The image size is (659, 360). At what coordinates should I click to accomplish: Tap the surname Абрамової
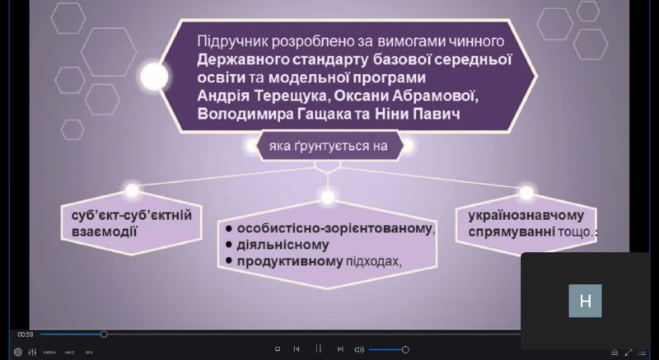coord(436,96)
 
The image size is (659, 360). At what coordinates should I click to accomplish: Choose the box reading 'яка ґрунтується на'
coord(328,146)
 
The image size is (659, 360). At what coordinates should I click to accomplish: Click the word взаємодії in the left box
coord(105,231)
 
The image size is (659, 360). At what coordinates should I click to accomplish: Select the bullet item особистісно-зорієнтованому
coord(334,228)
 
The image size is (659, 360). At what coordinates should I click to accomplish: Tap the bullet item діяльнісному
coord(283,245)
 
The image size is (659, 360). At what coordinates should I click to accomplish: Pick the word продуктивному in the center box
coord(290,261)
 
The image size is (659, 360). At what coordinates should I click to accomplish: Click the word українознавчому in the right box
coord(526,215)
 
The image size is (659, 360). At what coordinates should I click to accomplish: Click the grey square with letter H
coord(585,301)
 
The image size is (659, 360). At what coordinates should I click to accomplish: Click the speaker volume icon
coord(359,349)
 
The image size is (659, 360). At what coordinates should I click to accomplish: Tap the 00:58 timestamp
coord(26,334)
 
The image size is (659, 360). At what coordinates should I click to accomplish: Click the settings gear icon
coord(17,352)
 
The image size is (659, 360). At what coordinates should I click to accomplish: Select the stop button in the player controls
coord(278,349)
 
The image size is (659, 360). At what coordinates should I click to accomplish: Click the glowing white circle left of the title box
coord(154,77)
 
